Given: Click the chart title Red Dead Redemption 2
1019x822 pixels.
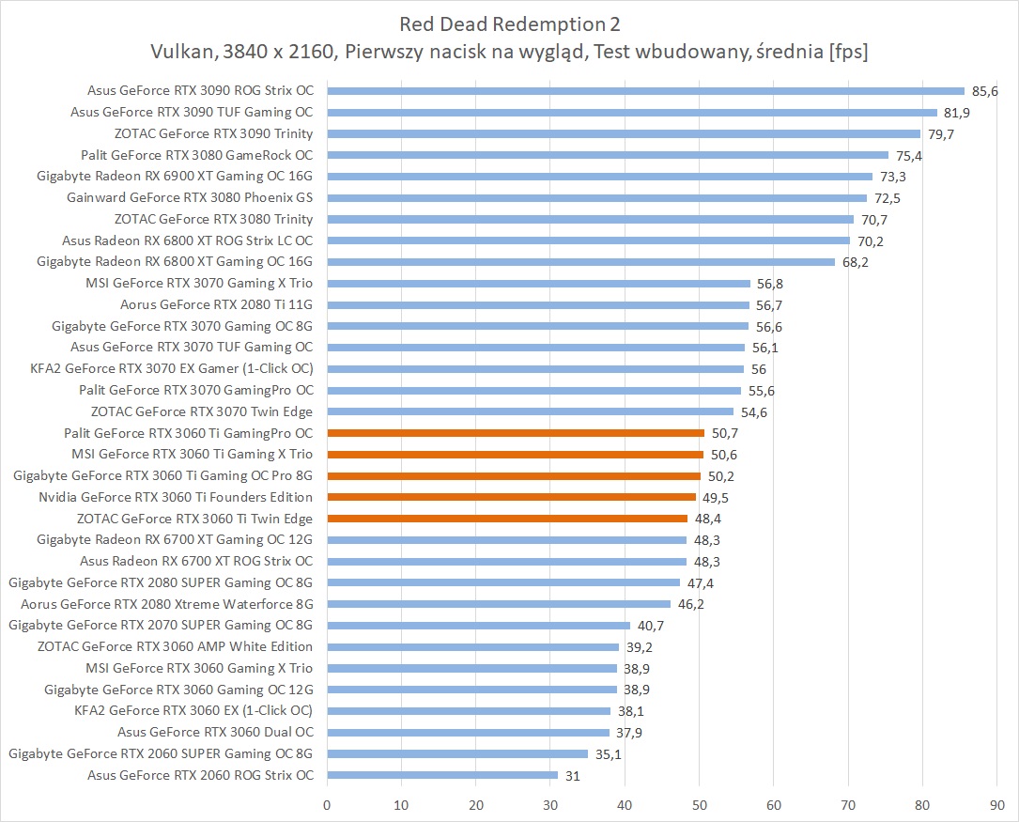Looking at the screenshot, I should [510, 23].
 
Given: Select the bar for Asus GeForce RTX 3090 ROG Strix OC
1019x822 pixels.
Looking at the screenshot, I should [645, 91].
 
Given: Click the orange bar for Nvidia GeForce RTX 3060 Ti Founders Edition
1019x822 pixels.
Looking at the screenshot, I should [511, 497].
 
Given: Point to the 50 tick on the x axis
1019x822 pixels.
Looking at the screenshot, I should [700, 805].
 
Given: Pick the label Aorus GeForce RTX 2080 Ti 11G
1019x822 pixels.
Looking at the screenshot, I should [216, 304].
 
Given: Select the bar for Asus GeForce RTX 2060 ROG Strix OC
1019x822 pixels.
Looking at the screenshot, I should [442, 775].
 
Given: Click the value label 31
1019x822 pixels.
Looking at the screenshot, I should [573, 775].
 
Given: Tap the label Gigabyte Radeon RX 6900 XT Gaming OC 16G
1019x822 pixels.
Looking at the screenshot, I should [175, 177].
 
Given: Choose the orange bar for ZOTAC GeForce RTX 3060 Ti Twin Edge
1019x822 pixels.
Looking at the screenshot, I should [507, 519].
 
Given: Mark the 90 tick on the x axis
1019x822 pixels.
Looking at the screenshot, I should [996, 805].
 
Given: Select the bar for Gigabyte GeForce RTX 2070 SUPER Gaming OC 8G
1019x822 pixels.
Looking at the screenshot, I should [478, 625].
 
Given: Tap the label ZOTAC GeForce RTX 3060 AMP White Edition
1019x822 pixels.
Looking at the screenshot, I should [175, 646].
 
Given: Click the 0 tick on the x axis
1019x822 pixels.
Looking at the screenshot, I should [327, 805].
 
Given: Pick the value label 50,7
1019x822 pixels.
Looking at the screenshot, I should [723, 433].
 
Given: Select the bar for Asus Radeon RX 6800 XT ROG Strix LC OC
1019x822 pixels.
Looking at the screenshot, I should [588, 240].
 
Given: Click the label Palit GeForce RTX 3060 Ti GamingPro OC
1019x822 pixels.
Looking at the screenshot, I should [188, 433].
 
